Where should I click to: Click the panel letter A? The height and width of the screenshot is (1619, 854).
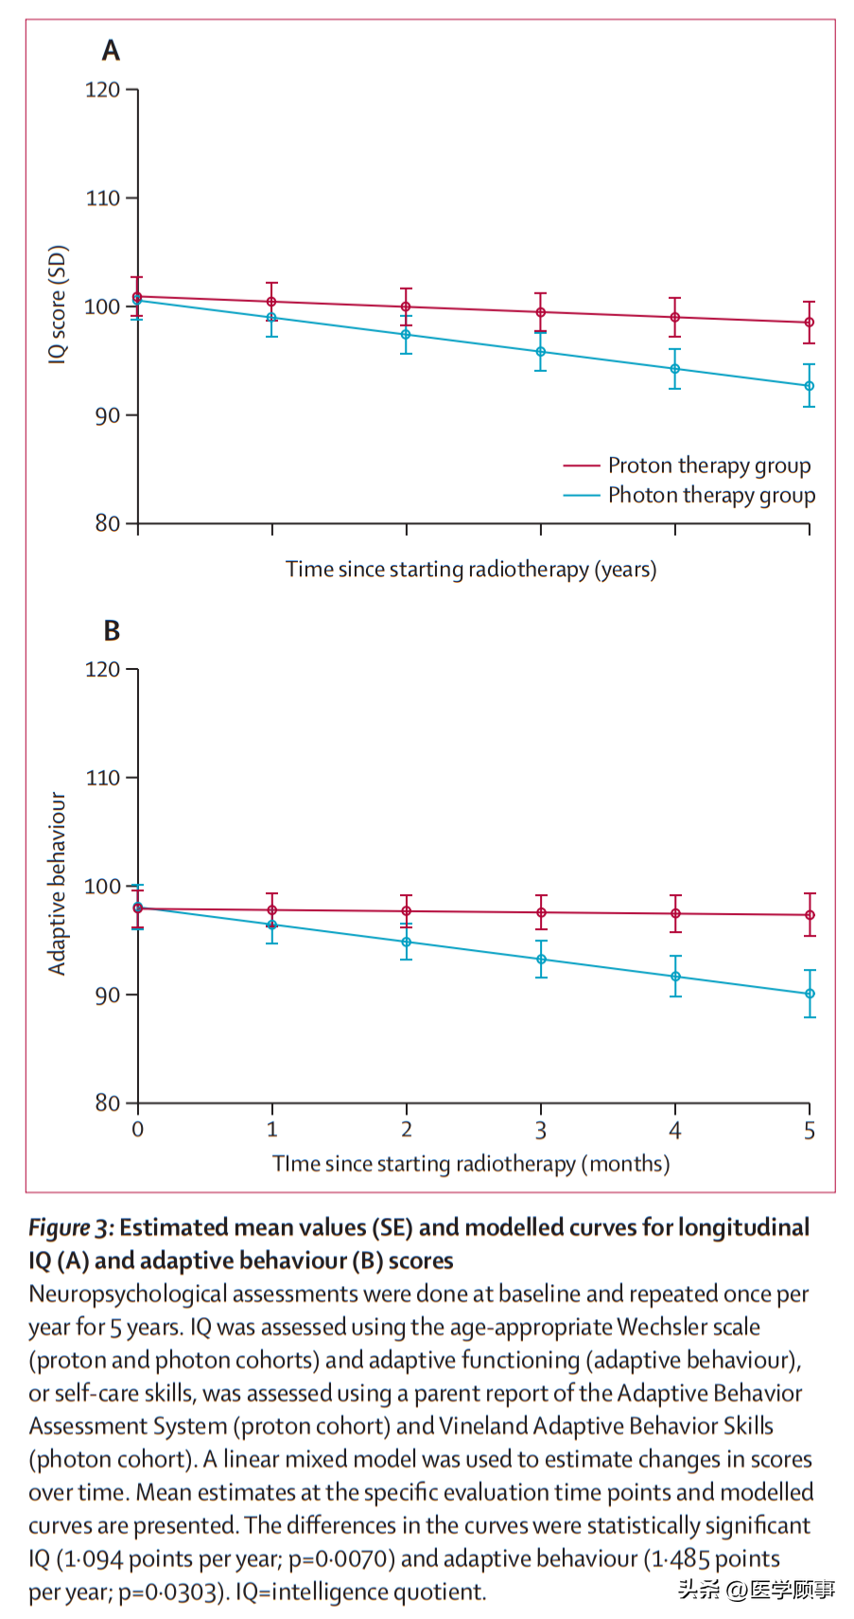(111, 50)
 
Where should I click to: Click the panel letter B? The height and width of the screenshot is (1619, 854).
(112, 630)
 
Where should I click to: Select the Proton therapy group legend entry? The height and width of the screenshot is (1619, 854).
(708, 466)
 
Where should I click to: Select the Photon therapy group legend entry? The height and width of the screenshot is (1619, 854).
(710, 496)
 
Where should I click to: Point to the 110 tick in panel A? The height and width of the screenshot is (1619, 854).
(103, 199)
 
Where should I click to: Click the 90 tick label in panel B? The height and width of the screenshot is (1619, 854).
(107, 995)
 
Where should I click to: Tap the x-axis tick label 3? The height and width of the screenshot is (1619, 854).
(541, 1130)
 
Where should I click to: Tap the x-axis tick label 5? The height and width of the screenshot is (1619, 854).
(810, 1130)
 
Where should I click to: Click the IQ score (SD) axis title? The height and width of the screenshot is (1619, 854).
(59, 305)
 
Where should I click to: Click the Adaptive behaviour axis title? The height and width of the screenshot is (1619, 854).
(58, 884)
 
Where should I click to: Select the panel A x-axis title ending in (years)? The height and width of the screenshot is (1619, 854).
(471, 570)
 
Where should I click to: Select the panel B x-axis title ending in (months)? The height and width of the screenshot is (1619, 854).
(471, 1164)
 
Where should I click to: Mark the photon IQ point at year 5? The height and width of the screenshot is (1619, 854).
(810, 386)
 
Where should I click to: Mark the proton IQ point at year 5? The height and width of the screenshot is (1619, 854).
(810, 323)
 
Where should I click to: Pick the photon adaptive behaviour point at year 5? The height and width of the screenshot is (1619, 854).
(810, 994)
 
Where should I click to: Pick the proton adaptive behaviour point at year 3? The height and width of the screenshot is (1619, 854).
(541, 913)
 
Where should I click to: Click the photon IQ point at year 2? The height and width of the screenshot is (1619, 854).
(407, 335)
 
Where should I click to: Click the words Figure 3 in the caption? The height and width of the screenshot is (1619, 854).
(70, 1228)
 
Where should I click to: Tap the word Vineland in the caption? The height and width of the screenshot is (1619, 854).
(482, 1427)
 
